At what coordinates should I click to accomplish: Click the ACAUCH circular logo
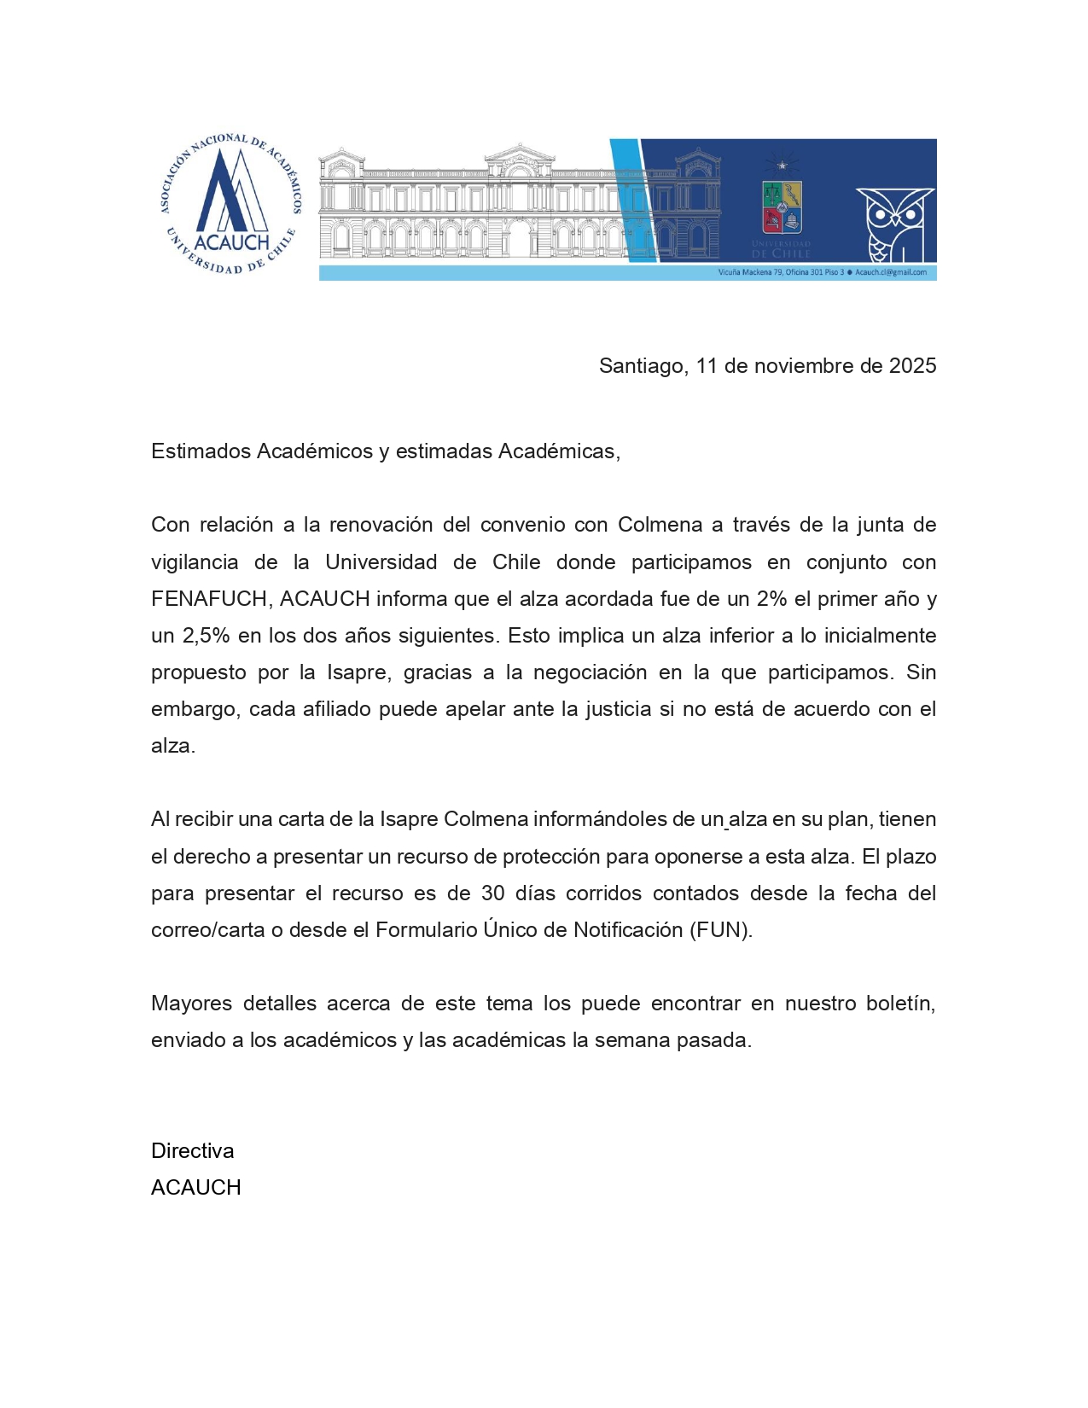230,204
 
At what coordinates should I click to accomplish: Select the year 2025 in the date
912,366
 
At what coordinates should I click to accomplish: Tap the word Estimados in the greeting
201,451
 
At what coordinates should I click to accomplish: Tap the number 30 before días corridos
492,893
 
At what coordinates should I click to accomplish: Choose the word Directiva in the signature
192,1151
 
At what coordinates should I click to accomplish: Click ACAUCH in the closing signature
195,1188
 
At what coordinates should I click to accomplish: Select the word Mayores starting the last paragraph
191,1004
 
